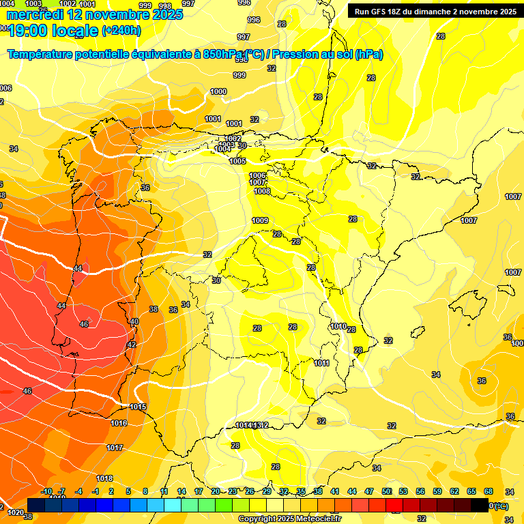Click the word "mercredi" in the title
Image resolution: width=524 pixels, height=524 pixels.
pos(33,15)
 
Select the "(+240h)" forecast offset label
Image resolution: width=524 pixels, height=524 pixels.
pos(121,31)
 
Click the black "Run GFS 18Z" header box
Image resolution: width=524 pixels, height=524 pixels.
pos(435,12)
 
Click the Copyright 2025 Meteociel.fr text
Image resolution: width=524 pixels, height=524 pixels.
pos(289,519)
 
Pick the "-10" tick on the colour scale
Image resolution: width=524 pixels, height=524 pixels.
pos(46,491)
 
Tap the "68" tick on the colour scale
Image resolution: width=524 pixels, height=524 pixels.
pos(489,491)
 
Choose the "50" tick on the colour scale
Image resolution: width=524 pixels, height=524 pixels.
pos(386,491)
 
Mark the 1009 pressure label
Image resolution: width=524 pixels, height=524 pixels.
pos(260,220)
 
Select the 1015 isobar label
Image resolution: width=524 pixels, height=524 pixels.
pos(138,407)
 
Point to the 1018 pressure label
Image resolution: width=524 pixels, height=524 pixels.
pos(104,478)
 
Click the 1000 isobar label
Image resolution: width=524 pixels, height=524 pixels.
pos(218,91)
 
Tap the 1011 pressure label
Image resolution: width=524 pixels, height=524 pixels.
pos(322,363)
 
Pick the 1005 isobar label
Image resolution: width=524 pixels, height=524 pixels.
pos(237,161)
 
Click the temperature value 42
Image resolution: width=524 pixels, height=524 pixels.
pos(131,345)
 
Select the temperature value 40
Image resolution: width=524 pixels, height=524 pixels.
pos(134,321)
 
